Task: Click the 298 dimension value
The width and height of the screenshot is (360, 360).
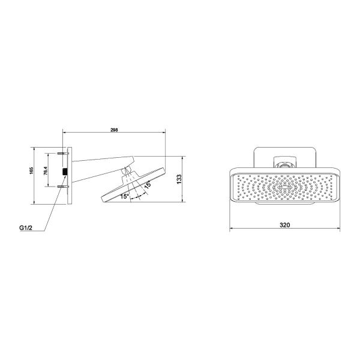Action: point(114,130)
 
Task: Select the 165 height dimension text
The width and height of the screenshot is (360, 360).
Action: point(31,171)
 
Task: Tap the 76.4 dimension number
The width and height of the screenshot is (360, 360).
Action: point(46,171)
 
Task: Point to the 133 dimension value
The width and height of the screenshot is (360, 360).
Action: point(179,179)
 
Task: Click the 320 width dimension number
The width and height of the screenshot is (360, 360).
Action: point(284,225)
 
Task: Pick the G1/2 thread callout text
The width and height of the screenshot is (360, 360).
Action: point(25,228)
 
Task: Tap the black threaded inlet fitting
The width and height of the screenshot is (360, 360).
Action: point(65,172)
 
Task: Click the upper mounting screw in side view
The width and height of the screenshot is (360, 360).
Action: point(62,153)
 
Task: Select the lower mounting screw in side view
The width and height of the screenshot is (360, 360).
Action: point(62,187)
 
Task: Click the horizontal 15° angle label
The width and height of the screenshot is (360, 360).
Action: point(125,196)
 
